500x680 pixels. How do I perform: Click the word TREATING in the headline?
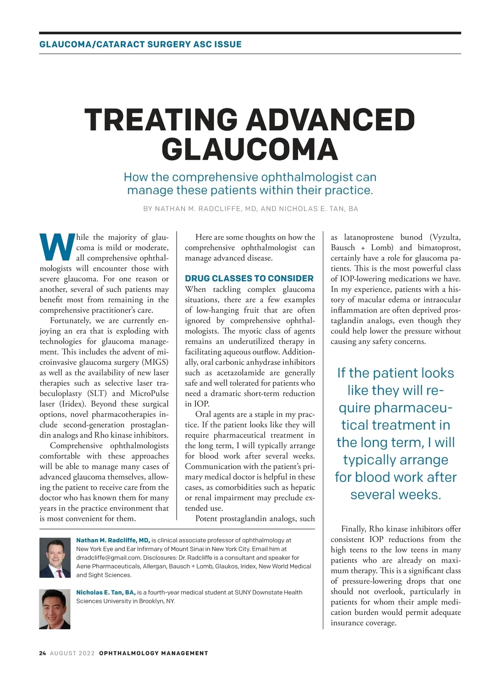tap(161, 120)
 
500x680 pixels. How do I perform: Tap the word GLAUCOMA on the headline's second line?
tap(249, 149)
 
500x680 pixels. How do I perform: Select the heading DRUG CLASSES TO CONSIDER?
tap(249, 279)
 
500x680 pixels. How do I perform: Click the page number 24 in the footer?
tap(42, 653)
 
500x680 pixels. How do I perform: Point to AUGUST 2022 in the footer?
tap(72, 653)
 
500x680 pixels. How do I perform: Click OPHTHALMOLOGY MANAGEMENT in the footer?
tap(153, 653)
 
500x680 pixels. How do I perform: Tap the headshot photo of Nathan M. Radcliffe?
tap(55, 558)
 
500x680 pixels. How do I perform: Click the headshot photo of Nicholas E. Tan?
tap(55, 609)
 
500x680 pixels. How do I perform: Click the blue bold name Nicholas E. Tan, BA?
tap(106, 592)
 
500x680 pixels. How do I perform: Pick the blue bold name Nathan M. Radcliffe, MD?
tap(113, 540)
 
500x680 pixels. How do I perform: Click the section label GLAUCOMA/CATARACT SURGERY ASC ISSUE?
tap(140, 44)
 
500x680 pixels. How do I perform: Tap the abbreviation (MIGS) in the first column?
tap(155, 362)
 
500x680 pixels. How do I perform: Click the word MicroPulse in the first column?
tap(149, 394)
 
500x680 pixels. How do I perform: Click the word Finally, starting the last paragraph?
tap(354, 529)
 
